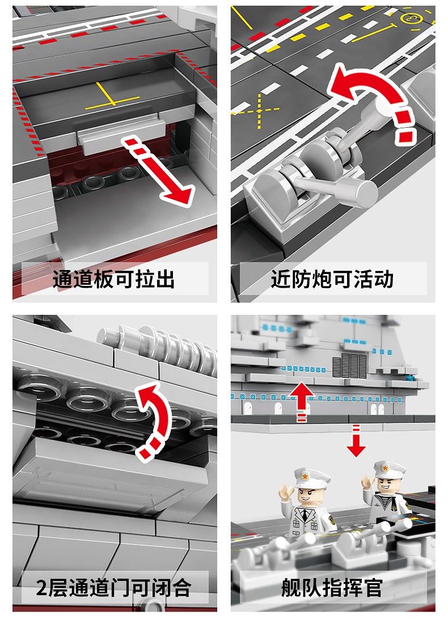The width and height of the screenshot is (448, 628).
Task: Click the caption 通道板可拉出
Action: pos(114,279)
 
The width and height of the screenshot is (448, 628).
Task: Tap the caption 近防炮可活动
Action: pos(332,279)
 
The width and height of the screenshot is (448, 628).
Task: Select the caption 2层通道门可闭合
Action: pos(114,588)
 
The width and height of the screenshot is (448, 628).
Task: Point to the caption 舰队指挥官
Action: pos(332,588)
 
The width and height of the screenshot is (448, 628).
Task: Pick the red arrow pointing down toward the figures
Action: pos(356,441)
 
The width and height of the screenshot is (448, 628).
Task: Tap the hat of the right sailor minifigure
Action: pos(387,469)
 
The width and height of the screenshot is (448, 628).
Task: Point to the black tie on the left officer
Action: pos(305,514)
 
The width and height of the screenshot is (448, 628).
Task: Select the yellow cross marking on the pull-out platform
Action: pos(112,98)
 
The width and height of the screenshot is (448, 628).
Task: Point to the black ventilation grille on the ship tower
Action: pos(349,366)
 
